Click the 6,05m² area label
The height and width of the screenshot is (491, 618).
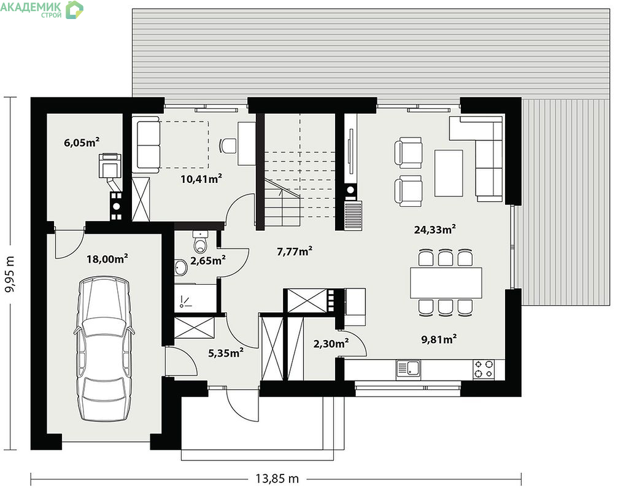pyautogui.click(x=82, y=142)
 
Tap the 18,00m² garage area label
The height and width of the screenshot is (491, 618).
pyautogui.click(x=107, y=258)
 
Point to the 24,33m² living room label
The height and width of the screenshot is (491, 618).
pyautogui.click(x=435, y=229)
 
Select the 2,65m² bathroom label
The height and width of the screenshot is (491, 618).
pyautogui.click(x=207, y=260)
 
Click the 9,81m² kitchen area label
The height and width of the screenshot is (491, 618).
pyautogui.click(x=439, y=339)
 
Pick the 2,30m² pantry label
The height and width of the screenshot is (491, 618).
pyautogui.click(x=331, y=344)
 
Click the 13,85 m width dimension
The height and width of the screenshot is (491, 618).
pyautogui.click(x=277, y=479)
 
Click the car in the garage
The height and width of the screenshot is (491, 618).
pyautogui.click(x=104, y=349)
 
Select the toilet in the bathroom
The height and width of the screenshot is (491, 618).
pyautogui.click(x=201, y=242)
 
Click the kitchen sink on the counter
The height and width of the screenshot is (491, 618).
pyautogui.click(x=408, y=369)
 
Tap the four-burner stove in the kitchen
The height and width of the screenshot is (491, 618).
pyautogui.click(x=483, y=369)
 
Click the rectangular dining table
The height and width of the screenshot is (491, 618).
pyautogui.click(x=446, y=283)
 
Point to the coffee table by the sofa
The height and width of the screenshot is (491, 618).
pyautogui.click(x=449, y=173)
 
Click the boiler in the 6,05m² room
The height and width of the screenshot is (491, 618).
pyautogui.click(x=110, y=165)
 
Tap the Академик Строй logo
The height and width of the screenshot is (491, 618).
pyautogui.click(x=42, y=9)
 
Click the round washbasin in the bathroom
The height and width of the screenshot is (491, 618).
pyautogui.click(x=181, y=267)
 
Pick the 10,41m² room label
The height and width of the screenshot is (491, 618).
pyautogui.click(x=201, y=179)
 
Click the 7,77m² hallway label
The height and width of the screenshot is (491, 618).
pyautogui.click(x=295, y=251)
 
